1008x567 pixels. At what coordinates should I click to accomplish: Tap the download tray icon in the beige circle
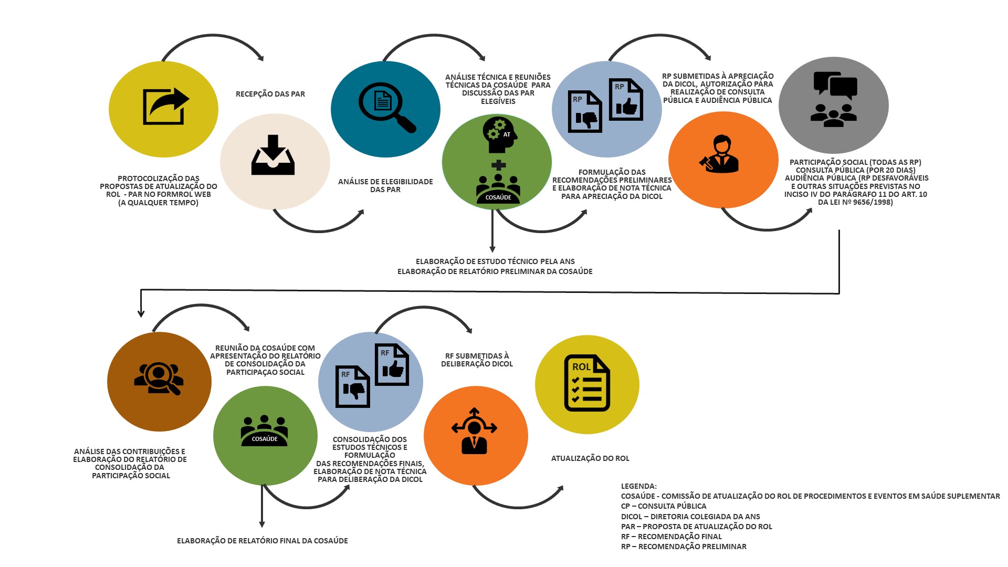[x=273, y=155]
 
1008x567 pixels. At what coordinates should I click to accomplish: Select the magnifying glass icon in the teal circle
[x=386, y=107]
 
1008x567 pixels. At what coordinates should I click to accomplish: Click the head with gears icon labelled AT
[x=499, y=134]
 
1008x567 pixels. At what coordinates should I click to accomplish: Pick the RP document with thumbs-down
[x=584, y=112]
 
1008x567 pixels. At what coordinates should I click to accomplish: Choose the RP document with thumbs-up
[x=625, y=100]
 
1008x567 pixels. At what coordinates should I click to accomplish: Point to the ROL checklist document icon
[x=586, y=383]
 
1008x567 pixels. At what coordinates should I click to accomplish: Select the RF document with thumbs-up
[x=392, y=365]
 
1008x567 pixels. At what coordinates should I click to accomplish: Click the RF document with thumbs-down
[x=352, y=387]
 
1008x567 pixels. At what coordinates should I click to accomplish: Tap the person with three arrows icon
[x=474, y=431]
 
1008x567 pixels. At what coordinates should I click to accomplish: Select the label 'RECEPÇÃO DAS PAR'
[x=270, y=94]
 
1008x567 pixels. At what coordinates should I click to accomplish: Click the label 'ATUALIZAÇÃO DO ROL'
[x=590, y=458]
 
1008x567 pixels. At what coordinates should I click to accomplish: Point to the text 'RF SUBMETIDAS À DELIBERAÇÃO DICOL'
[x=477, y=360]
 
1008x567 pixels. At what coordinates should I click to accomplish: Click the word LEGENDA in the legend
[x=638, y=486]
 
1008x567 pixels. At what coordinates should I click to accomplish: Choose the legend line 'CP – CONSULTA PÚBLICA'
[x=664, y=506]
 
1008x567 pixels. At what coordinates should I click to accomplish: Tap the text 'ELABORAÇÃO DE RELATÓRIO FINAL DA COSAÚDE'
[x=262, y=541]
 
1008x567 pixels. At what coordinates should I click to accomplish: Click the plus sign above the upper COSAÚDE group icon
[x=498, y=165]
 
